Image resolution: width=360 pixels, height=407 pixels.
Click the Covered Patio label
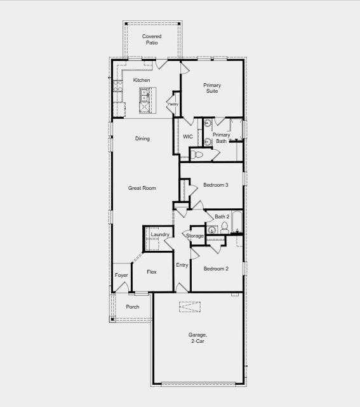[x=151, y=39]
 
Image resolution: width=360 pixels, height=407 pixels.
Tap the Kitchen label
[x=142, y=80]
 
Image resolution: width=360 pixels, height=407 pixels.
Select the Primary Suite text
[x=211, y=88]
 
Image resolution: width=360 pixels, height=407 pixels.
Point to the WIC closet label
[x=188, y=137]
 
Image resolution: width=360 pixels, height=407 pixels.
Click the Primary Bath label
[x=222, y=138]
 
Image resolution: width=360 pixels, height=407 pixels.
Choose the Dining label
[x=142, y=138]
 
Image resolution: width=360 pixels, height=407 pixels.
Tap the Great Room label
[x=142, y=188]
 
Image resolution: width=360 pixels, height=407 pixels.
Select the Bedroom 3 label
[x=215, y=185]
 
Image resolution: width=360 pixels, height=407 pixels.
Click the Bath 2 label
[x=222, y=217]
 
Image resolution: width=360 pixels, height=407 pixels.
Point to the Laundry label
[x=160, y=235]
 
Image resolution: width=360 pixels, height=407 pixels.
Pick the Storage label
[x=195, y=236]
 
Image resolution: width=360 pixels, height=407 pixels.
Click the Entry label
[x=182, y=265]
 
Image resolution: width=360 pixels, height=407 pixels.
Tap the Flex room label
[x=152, y=272]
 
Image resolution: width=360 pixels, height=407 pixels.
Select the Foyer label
[x=121, y=275]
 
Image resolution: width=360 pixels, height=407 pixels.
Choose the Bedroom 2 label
[x=215, y=269]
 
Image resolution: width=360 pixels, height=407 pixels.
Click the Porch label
[x=132, y=307]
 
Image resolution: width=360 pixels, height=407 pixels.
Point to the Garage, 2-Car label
[x=197, y=338]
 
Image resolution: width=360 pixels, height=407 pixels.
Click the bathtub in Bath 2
[x=236, y=222]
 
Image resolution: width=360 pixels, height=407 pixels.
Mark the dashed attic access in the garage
[x=189, y=307]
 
